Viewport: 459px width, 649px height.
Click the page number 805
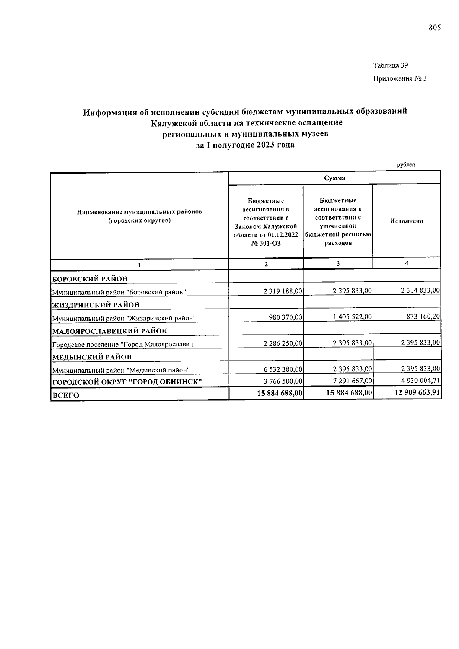click(x=435, y=28)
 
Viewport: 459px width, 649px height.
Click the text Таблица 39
click(x=391, y=65)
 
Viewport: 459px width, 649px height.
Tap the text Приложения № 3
click(x=400, y=79)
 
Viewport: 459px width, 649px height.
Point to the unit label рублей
click(x=406, y=165)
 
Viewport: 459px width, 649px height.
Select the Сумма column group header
click(x=334, y=178)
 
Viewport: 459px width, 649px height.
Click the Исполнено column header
click(x=406, y=221)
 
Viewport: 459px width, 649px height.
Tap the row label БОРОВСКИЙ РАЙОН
click(x=90, y=279)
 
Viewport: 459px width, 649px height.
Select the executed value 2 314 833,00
click(x=420, y=291)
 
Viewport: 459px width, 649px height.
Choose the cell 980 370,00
click(x=286, y=317)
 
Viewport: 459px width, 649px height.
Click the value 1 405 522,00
click(x=352, y=317)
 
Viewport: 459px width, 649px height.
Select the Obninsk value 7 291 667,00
click(x=352, y=381)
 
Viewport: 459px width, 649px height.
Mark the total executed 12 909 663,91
click(x=417, y=393)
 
